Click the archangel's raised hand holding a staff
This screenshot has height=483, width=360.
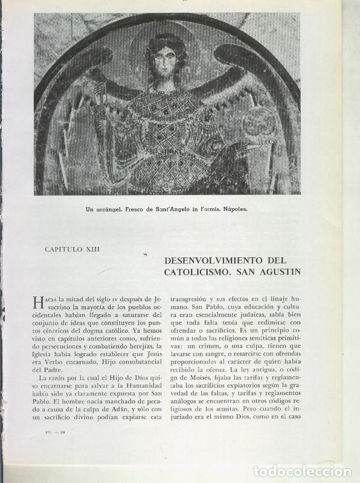tap(99, 92)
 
